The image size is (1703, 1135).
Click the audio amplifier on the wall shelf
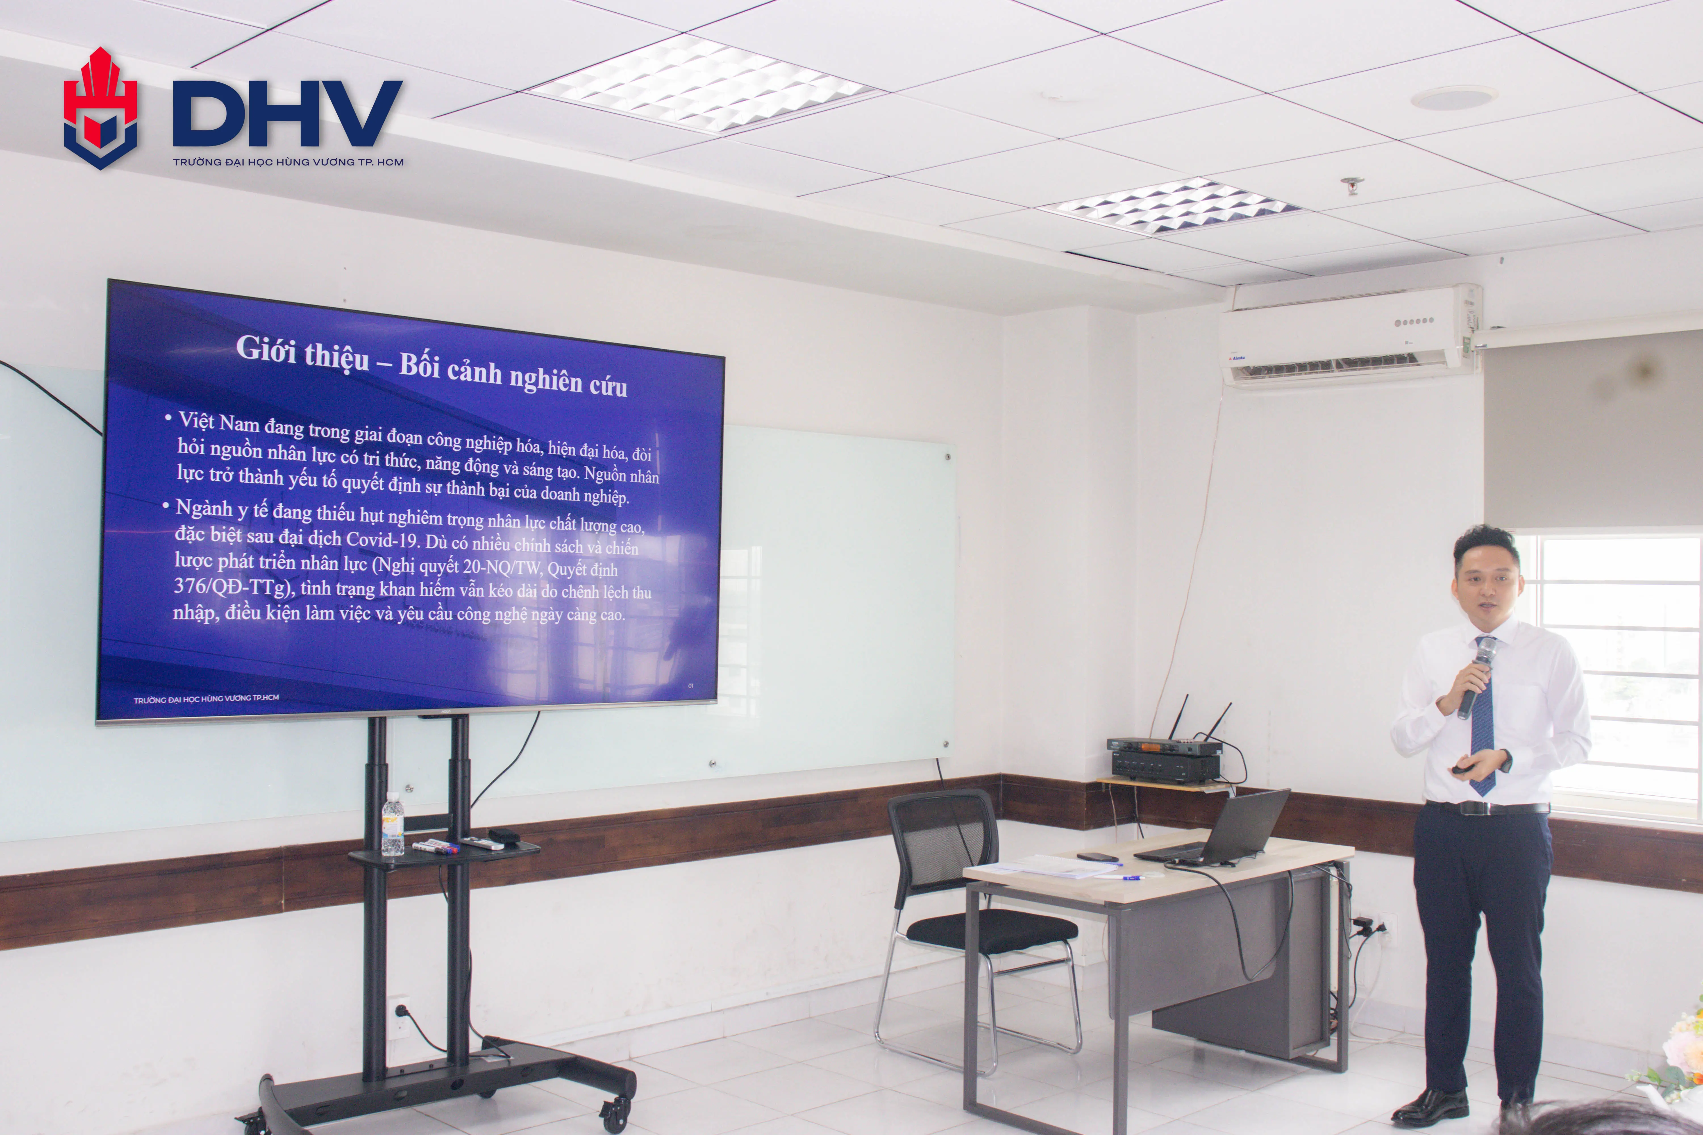1166,764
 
